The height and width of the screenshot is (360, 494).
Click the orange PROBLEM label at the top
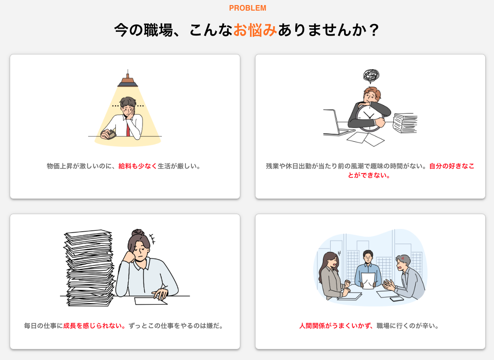[x=248, y=8]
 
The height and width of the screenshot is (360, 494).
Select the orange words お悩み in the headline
[x=255, y=30]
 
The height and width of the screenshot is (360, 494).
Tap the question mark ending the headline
[x=374, y=30]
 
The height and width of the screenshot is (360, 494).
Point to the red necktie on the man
[x=128, y=129]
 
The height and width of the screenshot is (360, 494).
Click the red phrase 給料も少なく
[x=137, y=166]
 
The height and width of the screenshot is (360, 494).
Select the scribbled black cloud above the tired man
[x=371, y=76]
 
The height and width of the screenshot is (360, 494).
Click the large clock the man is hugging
[x=368, y=117]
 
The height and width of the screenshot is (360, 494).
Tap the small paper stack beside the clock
[x=405, y=123]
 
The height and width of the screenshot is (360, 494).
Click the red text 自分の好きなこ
[x=452, y=166]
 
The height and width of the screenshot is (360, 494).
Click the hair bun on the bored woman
[x=138, y=233]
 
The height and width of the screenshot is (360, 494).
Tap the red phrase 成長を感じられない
[x=94, y=326]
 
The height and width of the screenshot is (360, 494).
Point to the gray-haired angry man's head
[x=403, y=262]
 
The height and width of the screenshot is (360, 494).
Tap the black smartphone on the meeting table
[x=397, y=299]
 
